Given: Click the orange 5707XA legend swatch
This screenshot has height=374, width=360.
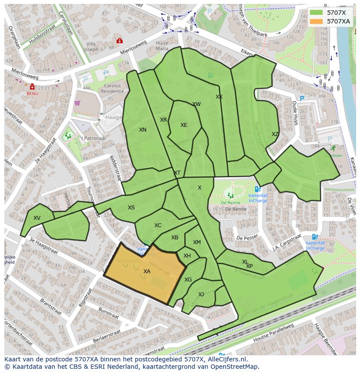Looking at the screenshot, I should [317, 21].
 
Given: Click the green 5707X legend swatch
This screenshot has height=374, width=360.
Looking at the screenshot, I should [317, 13].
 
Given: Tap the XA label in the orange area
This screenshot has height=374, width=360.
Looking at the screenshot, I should [147, 271].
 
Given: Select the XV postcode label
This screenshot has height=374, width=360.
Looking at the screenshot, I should [37, 218].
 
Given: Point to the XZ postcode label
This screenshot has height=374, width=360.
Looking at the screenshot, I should [275, 134].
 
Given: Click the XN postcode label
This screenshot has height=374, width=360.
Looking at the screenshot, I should [143, 130].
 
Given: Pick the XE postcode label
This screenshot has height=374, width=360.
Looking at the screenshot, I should [184, 125].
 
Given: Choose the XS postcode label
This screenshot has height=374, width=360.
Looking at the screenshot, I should [131, 208].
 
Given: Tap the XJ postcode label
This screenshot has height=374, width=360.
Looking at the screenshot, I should [201, 295].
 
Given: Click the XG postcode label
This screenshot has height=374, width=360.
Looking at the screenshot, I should [188, 280].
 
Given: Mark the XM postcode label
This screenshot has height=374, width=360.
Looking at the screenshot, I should [197, 242].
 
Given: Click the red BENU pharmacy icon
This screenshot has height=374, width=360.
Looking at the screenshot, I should [32, 87].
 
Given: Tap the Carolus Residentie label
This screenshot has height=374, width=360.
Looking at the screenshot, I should [112, 89].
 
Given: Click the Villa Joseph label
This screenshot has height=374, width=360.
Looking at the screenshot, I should [91, 46].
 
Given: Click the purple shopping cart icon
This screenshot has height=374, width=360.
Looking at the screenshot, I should [77, 103].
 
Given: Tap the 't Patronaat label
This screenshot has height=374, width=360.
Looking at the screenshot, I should [93, 138].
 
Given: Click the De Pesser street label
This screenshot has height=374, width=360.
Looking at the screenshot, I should [245, 238].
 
